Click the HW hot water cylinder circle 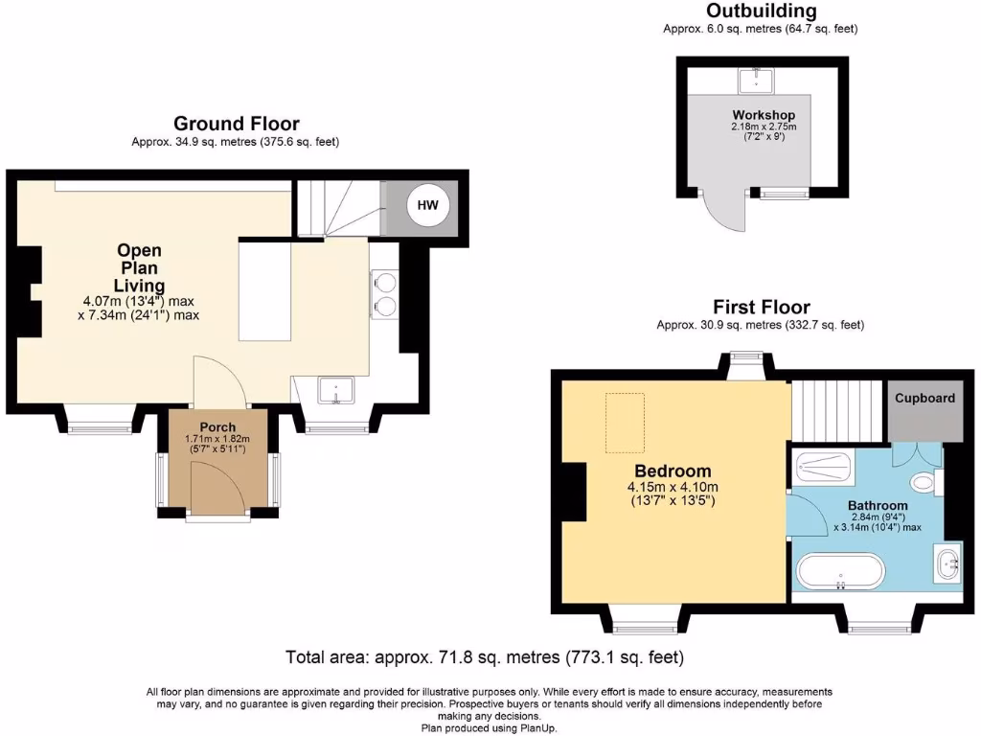(x=427, y=205)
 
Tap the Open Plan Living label (x=139, y=268)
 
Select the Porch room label (x=217, y=427)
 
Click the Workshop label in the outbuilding (x=764, y=115)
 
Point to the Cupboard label (x=924, y=398)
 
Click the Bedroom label (x=673, y=471)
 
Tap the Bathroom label (x=877, y=505)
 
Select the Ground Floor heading (x=236, y=124)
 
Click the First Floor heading (x=761, y=307)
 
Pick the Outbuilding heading (x=761, y=11)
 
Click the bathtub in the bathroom (x=840, y=571)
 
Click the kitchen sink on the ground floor (x=336, y=391)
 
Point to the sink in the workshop (x=758, y=79)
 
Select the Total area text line (x=485, y=658)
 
